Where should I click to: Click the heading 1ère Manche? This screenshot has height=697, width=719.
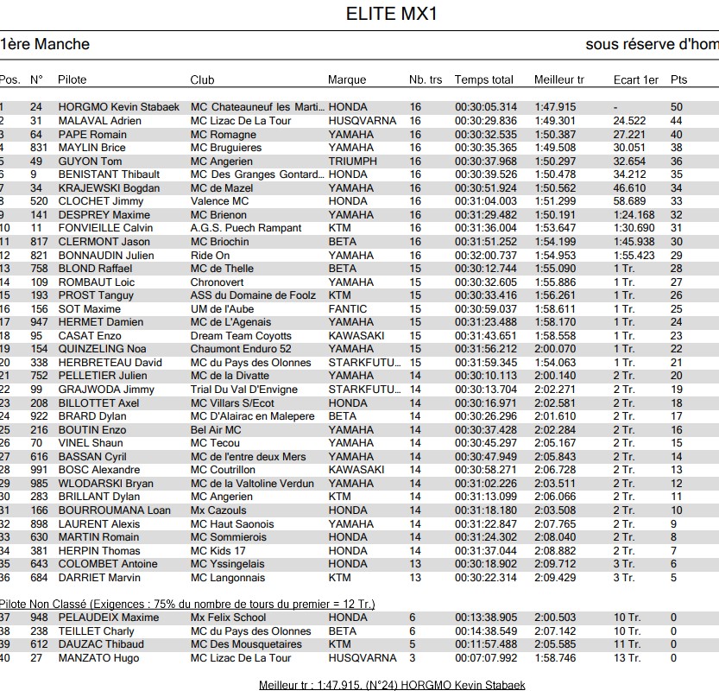[x=45, y=44]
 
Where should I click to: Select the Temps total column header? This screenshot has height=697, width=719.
[x=483, y=79]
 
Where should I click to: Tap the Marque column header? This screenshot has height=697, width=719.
[x=347, y=79]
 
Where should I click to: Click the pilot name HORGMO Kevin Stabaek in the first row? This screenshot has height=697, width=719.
[x=118, y=107]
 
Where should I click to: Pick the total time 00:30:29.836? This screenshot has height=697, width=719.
[x=486, y=121]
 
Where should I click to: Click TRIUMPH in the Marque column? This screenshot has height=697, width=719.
[x=352, y=161]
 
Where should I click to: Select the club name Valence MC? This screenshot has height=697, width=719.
[x=219, y=201]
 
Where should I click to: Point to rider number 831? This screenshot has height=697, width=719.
[x=37, y=148]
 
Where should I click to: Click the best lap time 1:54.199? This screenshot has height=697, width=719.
[x=555, y=242]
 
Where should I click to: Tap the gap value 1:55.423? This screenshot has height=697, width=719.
[x=634, y=256]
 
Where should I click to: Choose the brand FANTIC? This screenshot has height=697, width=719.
[x=347, y=309]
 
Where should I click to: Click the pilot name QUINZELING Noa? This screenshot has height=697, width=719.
[x=102, y=349]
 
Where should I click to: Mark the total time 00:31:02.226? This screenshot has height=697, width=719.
[x=486, y=484]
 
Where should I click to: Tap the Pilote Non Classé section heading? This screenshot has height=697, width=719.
[x=187, y=604]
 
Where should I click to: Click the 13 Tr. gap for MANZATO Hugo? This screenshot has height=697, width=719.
[x=627, y=658]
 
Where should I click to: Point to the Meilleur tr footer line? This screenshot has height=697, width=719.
[x=392, y=685]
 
